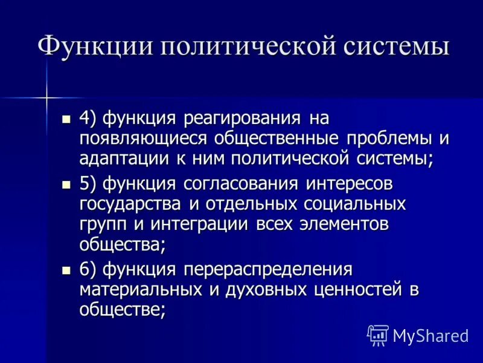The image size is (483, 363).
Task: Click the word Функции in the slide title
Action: [x=89, y=47]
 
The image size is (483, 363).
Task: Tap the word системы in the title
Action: [x=387, y=47]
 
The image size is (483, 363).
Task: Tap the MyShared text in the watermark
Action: [x=430, y=335]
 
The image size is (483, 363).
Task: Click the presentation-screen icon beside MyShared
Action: [x=377, y=335]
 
